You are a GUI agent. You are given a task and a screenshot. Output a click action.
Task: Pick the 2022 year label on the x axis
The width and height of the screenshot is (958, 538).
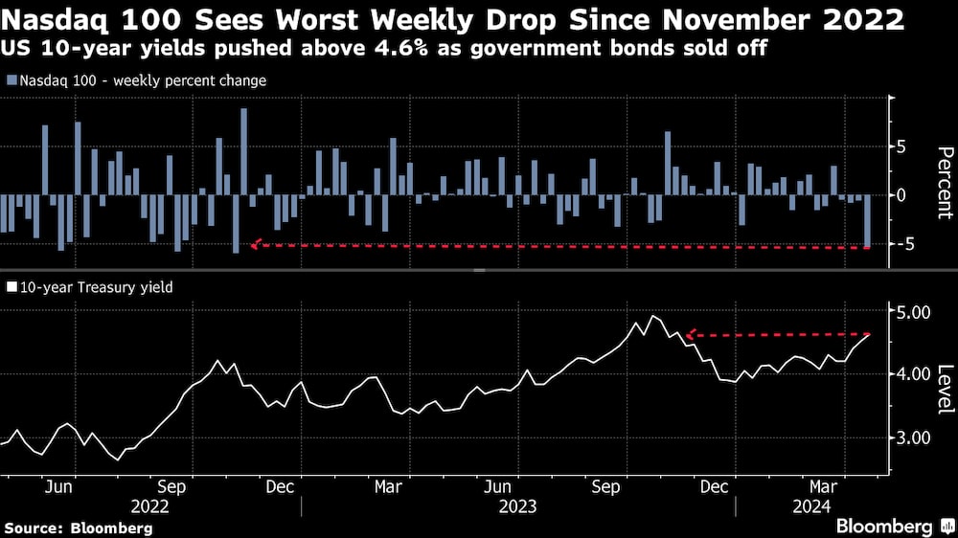point(150,505)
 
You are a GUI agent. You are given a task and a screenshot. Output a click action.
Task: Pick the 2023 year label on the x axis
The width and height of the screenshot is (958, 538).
point(517,505)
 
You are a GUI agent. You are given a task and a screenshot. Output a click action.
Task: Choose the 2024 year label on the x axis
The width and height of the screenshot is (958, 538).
point(812,505)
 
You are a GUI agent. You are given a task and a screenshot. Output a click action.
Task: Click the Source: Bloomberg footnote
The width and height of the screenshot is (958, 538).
point(79,527)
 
